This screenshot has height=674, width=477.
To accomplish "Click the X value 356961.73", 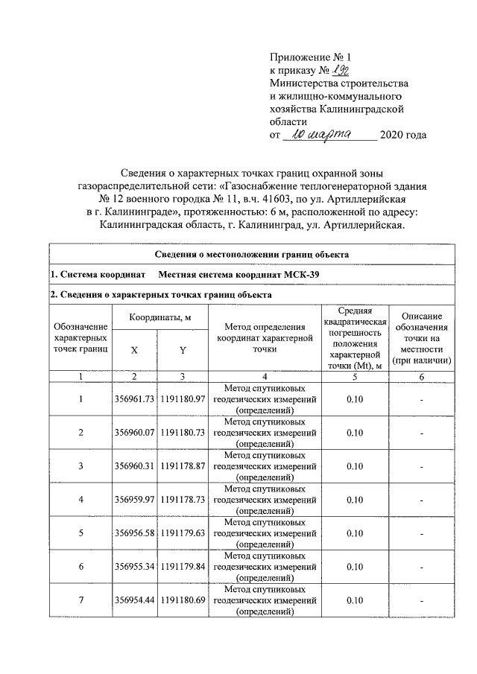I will tap(134, 400).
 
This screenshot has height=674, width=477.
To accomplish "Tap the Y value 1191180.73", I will tap(182, 433).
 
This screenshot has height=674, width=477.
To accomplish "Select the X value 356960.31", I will tap(134, 466).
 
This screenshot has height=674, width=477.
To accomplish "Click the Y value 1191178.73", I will tap(182, 499).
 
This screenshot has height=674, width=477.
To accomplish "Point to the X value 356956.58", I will tap(134, 532).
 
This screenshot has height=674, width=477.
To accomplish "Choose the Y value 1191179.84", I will tap(182, 566).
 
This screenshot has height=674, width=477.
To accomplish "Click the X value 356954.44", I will tap(134, 600).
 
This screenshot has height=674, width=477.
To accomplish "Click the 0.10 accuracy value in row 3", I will tap(354, 466).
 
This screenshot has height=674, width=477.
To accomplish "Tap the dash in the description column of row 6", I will tap(421, 566).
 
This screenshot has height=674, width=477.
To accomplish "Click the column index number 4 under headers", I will tap(264, 377).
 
